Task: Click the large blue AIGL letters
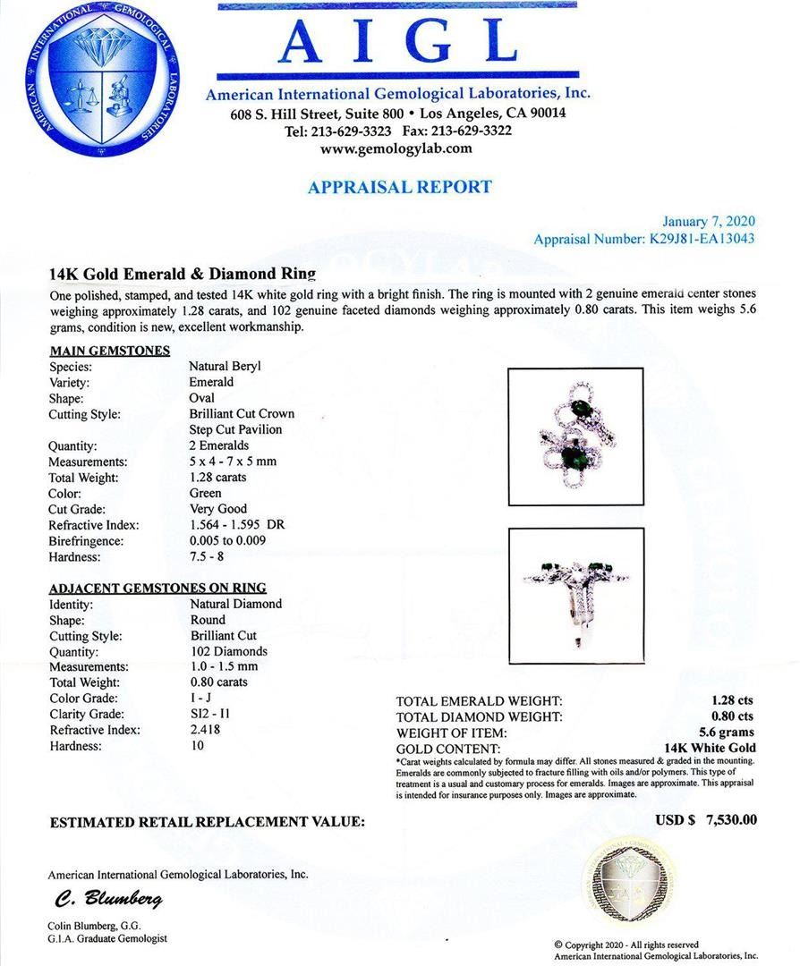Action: tap(396, 43)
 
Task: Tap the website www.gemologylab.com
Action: tap(396, 148)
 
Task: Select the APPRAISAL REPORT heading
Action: tap(399, 187)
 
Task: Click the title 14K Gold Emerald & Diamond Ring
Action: tap(183, 275)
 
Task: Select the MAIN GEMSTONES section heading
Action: tap(110, 350)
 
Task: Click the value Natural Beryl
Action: tap(225, 366)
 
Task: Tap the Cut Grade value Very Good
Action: tap(217, 509)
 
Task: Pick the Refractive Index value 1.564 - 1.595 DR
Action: tap(236, 525)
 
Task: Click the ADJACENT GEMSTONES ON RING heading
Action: tap(157, 588)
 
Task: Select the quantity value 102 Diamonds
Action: tap(228, 651)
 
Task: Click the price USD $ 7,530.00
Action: tap(706, 819)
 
